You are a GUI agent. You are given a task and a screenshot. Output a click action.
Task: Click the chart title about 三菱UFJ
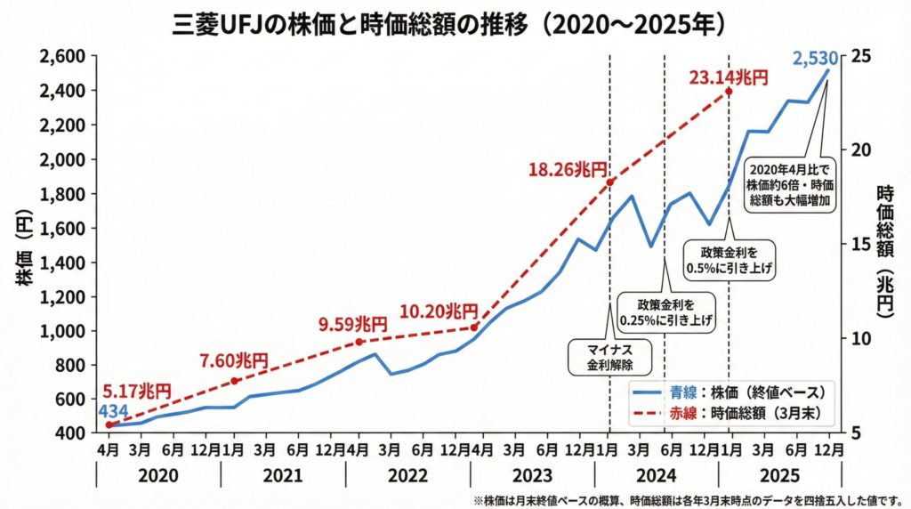tap(455, 23)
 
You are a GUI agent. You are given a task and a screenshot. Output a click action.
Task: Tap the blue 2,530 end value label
tap(817, 61)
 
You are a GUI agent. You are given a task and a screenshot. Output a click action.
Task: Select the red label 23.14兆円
tap(728, 78)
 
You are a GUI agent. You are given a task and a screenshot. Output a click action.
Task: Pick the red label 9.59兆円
tap(353, 325)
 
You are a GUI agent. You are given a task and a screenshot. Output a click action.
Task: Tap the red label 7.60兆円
tap(233, 361)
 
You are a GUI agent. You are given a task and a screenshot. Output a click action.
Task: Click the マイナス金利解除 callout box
tap(609, 356)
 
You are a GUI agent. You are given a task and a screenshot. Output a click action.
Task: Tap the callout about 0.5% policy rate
tap(728, 259)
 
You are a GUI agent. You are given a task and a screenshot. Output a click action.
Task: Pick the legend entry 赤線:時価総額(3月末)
tap(732, 412)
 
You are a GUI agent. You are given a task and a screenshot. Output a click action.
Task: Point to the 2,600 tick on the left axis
tap(62, 56)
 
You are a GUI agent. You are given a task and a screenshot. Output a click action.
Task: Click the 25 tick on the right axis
tap(861, 56)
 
